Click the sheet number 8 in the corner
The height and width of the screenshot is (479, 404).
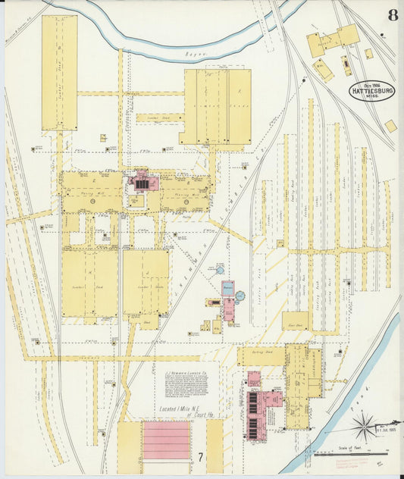[391, 14]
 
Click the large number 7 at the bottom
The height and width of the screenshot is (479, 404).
[200, 456]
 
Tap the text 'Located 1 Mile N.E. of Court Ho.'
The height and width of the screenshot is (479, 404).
[188, 412]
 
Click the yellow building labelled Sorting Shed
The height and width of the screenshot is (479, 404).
[262, 356]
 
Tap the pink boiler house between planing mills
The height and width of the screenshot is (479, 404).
[142, 183]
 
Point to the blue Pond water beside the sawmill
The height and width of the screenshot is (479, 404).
[361, 379]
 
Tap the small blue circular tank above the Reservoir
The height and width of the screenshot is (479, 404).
[220, 269]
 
